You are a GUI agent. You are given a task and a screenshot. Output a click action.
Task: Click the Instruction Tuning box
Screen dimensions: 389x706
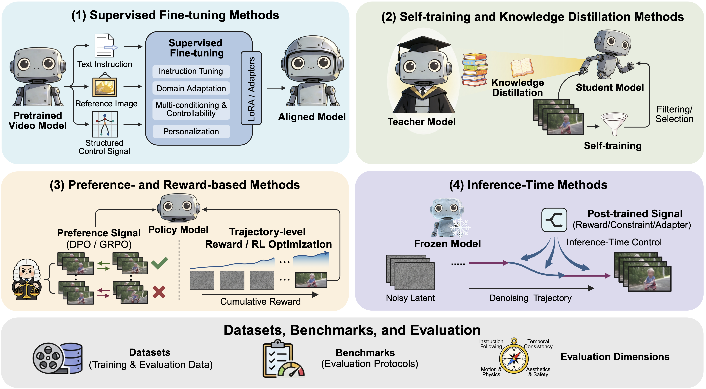[191, 71]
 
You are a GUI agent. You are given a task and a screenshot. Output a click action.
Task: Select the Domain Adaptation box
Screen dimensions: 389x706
[191, 88]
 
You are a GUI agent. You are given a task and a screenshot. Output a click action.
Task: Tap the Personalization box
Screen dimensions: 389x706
[191, 131]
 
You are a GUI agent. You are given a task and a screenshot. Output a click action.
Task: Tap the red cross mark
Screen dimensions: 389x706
[159, 292]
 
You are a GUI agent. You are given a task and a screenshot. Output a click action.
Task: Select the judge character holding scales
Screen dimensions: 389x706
[27, 279]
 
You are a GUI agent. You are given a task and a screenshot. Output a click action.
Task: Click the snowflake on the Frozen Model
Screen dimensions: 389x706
[460, 227]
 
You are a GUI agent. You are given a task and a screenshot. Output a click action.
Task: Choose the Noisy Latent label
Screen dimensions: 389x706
[410, 298]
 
